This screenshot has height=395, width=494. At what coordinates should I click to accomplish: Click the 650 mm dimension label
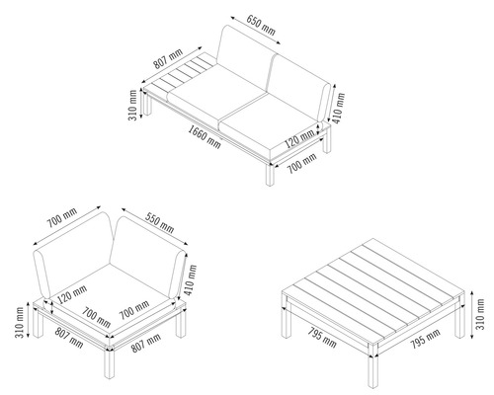(261, 25)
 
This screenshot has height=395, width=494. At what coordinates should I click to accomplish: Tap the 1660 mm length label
(205, 136)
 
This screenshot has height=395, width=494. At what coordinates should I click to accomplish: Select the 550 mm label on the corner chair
(160, 223)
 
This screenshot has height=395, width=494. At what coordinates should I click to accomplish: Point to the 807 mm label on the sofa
(168, 59)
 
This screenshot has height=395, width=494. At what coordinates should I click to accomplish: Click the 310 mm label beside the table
(480, 314)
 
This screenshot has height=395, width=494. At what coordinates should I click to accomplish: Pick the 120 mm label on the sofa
(299, 138)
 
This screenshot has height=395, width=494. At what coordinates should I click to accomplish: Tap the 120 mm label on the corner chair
(72, 294)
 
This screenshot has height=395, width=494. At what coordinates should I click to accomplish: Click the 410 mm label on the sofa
(339, 109)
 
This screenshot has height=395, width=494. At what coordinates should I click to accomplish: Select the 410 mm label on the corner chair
(190, 279)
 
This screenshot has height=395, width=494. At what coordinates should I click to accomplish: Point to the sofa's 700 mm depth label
(302, 163)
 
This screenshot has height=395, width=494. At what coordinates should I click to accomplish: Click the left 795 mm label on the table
(322, 338)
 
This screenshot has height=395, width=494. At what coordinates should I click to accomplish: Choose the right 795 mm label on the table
(425, 339)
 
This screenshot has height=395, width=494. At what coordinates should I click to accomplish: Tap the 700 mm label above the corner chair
(61, 217)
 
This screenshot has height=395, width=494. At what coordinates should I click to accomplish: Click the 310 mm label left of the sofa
(132, 105)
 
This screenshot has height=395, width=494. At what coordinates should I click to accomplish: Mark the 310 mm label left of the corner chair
(19, 322)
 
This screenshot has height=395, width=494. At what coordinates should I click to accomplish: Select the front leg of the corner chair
(110, 362)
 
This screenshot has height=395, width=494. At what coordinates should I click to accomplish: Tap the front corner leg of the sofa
(270, 174)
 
